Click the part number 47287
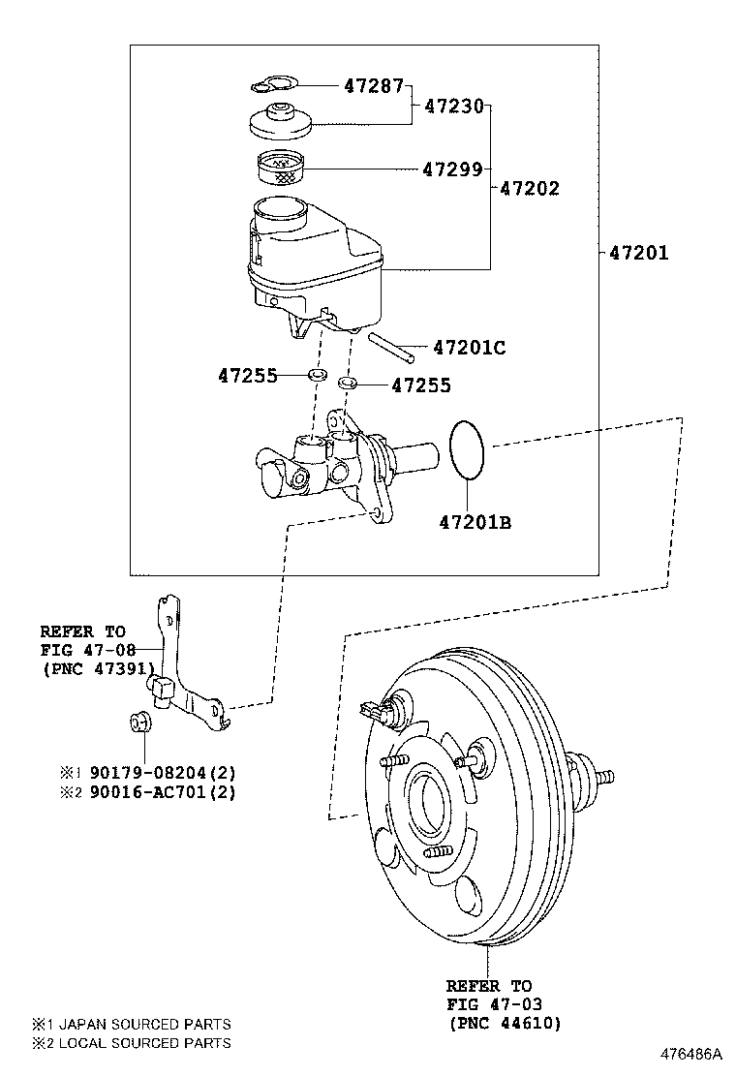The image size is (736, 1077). point(373,85)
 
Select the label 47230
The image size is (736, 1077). point(453,107)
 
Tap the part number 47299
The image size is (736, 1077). point(451,169)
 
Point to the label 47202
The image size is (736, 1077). point(529,188)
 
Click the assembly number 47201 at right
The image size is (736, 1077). point(638,253)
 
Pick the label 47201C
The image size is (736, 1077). point(469,347)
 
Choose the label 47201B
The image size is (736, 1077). point(475,523)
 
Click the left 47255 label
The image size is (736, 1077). point(247,375)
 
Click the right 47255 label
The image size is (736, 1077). point(421,385)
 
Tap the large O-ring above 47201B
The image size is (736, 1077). point(469,449)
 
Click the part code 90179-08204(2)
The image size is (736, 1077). point(162,773)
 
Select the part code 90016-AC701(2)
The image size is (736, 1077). point(162,792)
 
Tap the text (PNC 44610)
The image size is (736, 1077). point(505,1023)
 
